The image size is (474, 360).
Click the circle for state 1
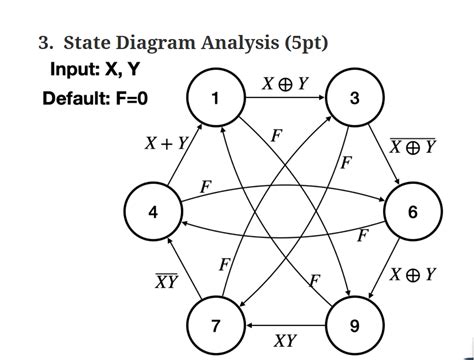(214, 97)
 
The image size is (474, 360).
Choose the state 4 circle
(152, 212)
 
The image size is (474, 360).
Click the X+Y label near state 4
(167, 144)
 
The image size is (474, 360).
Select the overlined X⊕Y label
(413, 146)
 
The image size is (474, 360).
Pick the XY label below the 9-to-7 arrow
(285, 342)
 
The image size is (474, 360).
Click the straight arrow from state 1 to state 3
(284, 97)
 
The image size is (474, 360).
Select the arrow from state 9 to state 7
(285, 326)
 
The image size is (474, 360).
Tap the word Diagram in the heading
(148, 43)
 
